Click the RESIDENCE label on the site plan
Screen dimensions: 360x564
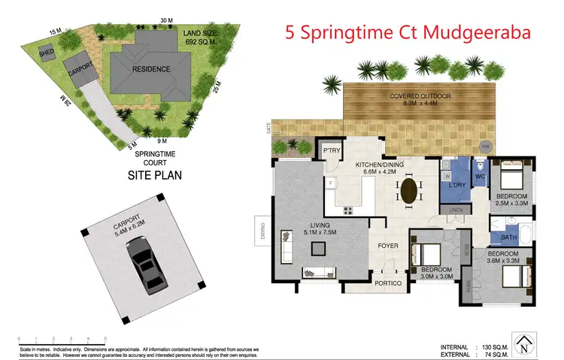152,69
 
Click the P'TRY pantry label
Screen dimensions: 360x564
332,150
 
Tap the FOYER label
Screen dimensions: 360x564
388,244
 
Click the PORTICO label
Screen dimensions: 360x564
389,283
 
